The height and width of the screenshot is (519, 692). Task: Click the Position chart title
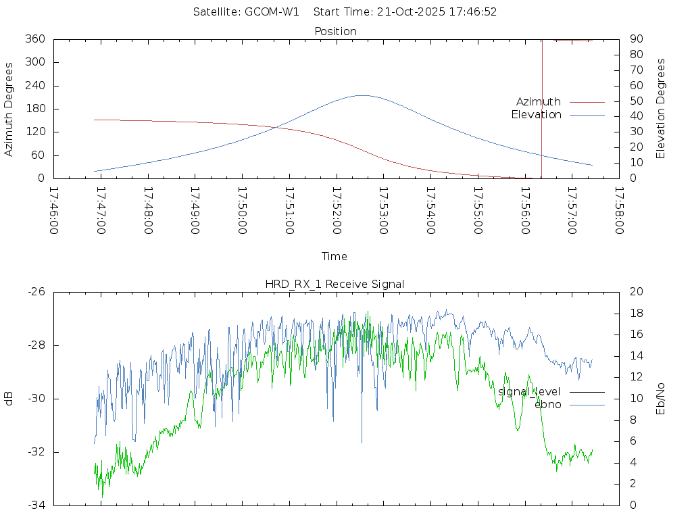pos(335,31)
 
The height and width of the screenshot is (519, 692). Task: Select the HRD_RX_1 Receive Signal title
pos(335,284)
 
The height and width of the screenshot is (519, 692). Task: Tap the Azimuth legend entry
pos(539,101)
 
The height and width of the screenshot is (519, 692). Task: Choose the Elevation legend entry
pos(536,115)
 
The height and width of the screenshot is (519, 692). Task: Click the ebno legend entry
pos(547,404)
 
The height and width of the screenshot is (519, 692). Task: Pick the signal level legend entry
pos(529,391)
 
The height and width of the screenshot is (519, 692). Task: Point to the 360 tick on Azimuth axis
pos(35,39)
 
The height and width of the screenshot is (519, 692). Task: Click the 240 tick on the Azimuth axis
pos(35,86)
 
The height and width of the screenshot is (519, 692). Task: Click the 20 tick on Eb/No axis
pos(635,292)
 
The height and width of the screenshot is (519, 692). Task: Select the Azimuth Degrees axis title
pos(9,109)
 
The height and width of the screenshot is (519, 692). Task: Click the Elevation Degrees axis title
pos(661,109)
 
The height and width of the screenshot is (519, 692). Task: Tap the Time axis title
pos(335,256)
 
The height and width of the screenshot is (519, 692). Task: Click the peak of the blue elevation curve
pos(362,95)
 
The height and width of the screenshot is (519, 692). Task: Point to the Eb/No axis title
pos(661,399)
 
